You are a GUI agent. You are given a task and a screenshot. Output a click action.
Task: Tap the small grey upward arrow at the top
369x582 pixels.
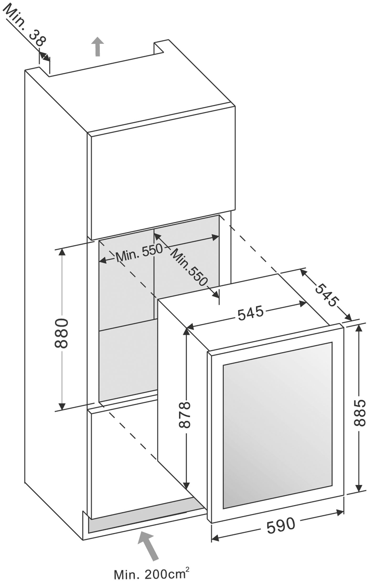[98, 46]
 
